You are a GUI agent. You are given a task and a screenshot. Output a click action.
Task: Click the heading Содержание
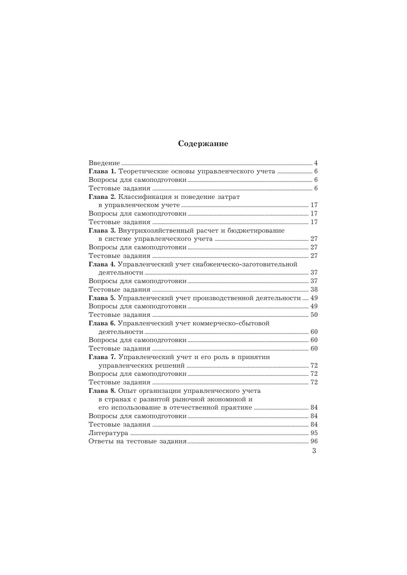[x=203, y=144]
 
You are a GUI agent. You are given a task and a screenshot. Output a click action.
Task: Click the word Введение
[x=104, y=163]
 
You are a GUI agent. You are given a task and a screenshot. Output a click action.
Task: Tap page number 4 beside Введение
[x=316, y=163]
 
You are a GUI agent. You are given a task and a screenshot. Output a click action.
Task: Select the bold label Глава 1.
[x=102, y=171]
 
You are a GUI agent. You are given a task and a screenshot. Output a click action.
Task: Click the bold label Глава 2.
[x=102, y=197]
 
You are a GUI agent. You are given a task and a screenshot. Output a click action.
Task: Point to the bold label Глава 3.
[x=102, y=230]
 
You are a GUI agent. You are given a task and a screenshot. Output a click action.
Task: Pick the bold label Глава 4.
[x=102, y=264]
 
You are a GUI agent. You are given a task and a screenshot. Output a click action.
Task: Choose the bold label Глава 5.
[x=102, y=298]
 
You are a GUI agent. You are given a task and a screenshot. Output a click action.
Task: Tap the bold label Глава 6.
[x=102, y=323]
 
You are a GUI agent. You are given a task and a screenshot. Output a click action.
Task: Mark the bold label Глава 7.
[x=102, y=357]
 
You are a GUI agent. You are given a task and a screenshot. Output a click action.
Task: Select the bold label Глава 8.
[x=102, y=391]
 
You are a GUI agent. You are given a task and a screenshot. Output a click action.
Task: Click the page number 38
[x=314, y=289]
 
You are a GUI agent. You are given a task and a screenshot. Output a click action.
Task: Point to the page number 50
[x=314, y=315]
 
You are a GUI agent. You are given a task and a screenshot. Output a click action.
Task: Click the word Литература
[x=108, y=433]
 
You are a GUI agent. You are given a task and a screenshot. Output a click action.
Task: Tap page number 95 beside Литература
[x=314, y=433]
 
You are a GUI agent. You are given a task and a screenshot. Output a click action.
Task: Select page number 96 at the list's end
[x=314, y=441]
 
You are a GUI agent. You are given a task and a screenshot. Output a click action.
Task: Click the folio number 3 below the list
[x=314, y=451]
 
